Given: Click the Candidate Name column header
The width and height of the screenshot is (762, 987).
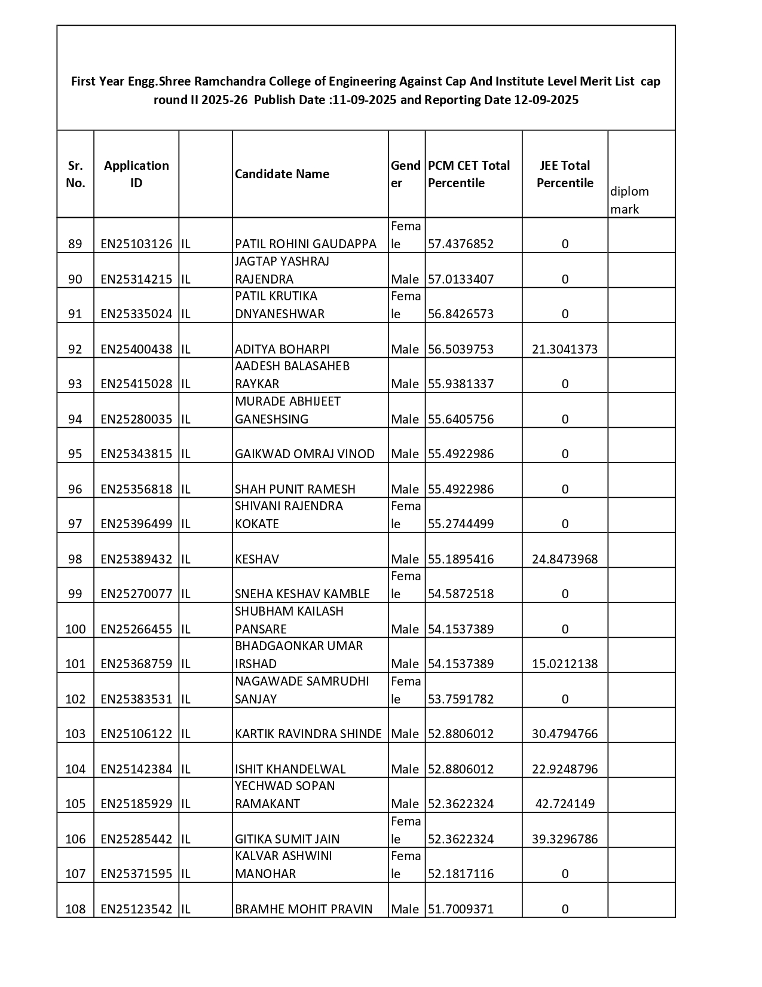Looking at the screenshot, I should click(x=282, y=174).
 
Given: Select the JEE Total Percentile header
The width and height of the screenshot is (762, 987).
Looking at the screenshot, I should click(x=565, y=174).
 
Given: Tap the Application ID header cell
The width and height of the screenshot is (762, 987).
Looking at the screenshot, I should click(x=136, y=174).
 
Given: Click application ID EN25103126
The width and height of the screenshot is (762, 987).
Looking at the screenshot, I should click(x=136, y=244).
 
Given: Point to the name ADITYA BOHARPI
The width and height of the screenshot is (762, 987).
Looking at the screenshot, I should click(x=282, y=349).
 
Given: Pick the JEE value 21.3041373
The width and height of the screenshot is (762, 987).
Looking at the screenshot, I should click(x=565, y=349).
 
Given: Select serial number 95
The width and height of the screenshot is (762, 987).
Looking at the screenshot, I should click(x=75, y=454).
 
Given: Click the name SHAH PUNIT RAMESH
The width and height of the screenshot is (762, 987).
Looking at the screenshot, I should click(x=295, y=489).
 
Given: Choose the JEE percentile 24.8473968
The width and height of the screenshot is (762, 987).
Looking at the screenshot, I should click(x=565, y=559).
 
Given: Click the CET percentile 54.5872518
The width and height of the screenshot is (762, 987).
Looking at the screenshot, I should click(x=461, y=594).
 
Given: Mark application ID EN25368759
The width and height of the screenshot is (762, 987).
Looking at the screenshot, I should click(x=136, y=664).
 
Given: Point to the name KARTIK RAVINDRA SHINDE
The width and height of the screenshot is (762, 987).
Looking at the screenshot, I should click(x=308, y=734).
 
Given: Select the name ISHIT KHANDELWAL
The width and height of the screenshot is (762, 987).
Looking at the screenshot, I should click(x=290, y=769).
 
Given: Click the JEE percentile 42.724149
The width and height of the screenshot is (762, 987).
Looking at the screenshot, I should click(x=565, y=804).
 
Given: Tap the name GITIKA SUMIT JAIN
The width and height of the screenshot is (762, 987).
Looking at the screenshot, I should click(x=287, y=839).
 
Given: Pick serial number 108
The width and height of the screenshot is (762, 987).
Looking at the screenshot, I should click(x=75, y=909).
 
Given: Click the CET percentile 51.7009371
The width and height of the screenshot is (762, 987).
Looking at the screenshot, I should click(x=461, y=909).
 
